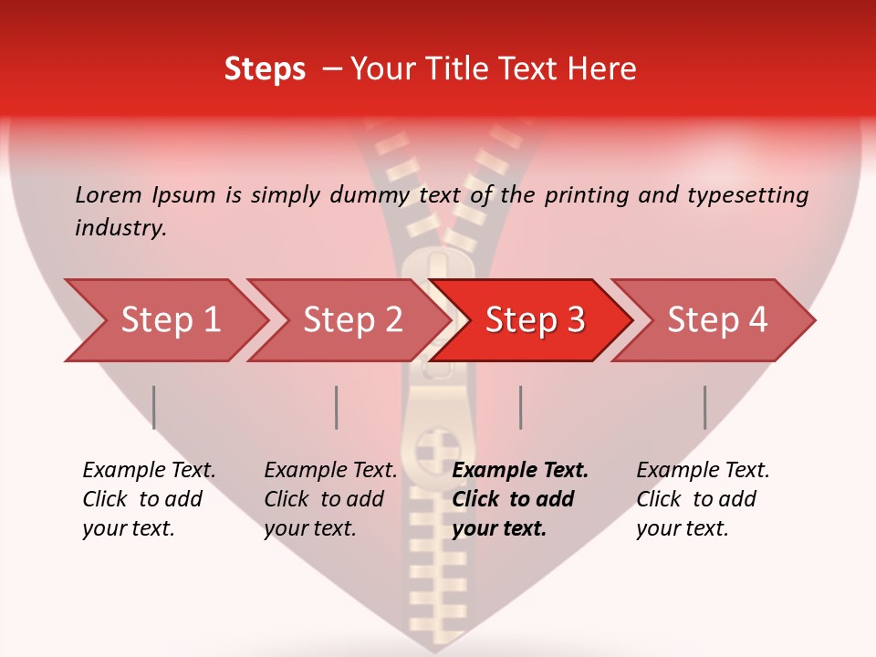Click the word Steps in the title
(265, 68)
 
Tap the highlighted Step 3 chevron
(535, 319)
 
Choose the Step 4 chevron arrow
(717, 319)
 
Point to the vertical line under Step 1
(154, 407)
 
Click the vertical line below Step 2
(337, 407)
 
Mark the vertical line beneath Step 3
(520, 407)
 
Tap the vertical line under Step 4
(704, 407)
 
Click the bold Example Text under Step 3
(520, 471)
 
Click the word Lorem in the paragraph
(109, 194)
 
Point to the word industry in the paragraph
(120, 228)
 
